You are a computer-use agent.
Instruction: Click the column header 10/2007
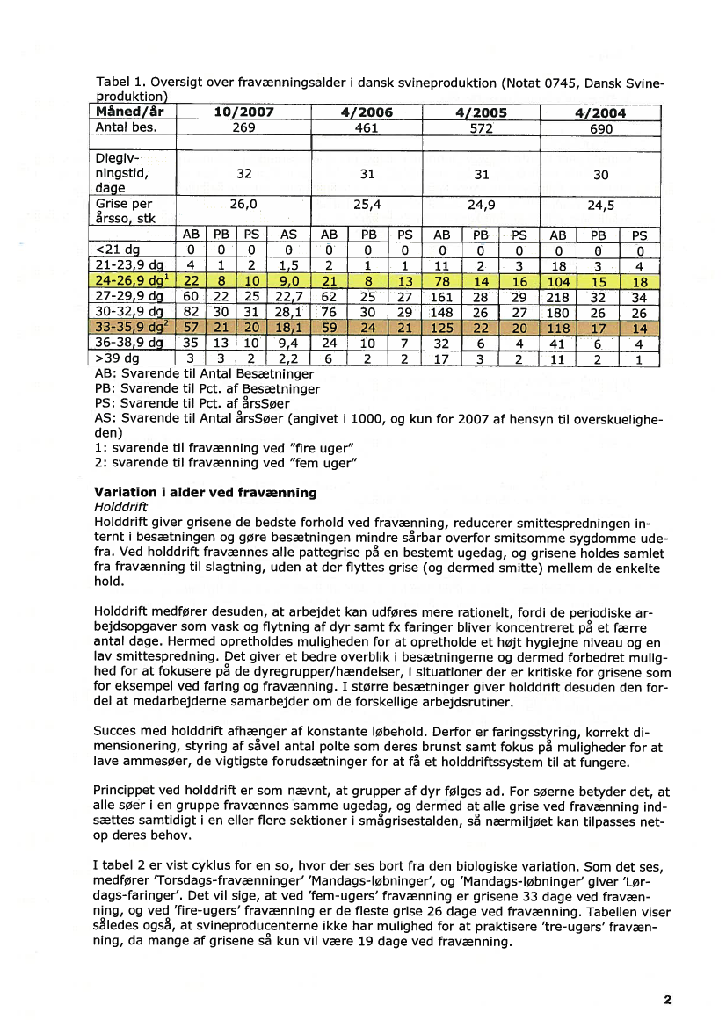coord(243,112)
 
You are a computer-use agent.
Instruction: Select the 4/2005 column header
coord(481,112)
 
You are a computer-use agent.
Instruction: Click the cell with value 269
coord(243,127)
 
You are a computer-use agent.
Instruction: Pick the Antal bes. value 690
coord(600,128)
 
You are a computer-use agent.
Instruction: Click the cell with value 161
coord(441,296)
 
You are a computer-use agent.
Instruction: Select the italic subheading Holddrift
coord(121,507)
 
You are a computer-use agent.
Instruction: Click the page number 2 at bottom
coord(667,999)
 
